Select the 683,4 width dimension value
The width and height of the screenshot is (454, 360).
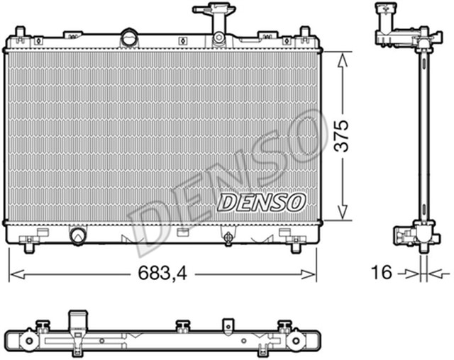[x=162, y=271]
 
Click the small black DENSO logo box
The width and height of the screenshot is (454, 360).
[x=261, y=202]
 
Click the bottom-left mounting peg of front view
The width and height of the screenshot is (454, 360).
[x=30, y=247]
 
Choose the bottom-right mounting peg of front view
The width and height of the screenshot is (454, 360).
[x=296, y=247]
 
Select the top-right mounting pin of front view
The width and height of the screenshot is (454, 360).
[x=304, y=32]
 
